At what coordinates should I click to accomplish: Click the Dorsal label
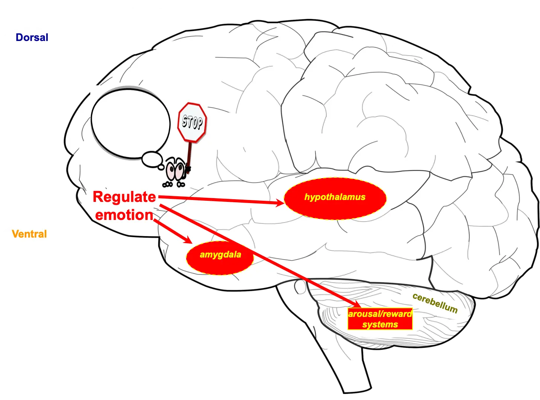point(32,38)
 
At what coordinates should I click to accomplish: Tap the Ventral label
point(29,234)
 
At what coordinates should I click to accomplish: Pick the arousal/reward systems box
point(380,319)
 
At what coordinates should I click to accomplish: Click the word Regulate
point(124,197)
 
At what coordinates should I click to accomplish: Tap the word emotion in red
point(124,215)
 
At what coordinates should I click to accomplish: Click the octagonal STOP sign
point(192,122)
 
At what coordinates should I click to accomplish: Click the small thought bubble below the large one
point(152,158)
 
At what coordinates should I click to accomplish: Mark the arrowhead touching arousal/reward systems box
point(355,304)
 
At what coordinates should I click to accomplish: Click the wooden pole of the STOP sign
point(189,154)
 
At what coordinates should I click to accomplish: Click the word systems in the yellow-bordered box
point(380,325)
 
